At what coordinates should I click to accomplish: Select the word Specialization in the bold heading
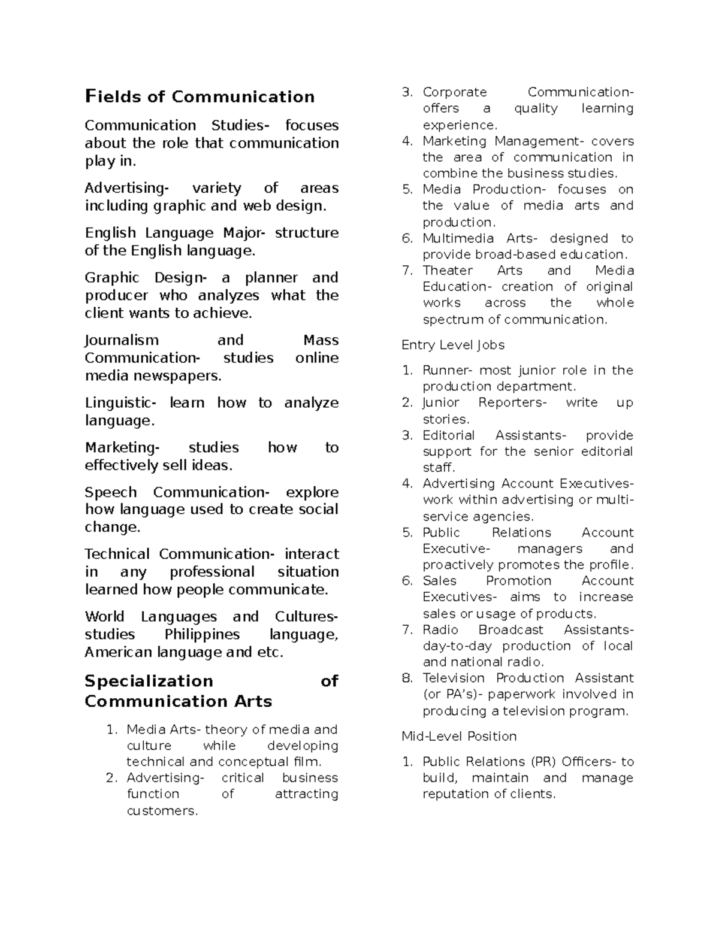coord(149,681)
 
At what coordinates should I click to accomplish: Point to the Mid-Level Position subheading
coord(459,736)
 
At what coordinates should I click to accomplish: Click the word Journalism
coord(122,340)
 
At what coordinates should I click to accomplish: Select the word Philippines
coord(202,634)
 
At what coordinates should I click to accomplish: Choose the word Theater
coord(448,270)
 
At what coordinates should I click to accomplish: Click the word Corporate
coord(455,92)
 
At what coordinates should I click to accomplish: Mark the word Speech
coord(111,492)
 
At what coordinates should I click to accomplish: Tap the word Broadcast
coord(510,629)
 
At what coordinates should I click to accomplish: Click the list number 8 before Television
coord(407,678)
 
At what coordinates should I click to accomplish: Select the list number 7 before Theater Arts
coord(407,270)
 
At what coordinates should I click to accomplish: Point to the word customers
coord(162,811)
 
